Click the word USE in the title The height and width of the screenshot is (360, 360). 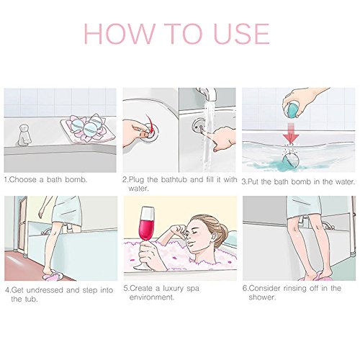click(x=241, y=34)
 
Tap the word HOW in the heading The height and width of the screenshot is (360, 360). click(x=119, y=34)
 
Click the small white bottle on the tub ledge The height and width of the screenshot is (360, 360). click(x=24, y=135)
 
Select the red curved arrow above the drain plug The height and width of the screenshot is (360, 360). click(x=150, y=125)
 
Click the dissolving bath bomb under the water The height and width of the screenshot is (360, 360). click(x=291, y=159)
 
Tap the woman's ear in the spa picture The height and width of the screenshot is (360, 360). click(x=211, y=238)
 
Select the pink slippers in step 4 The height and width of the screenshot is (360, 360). click(x=52, y=277)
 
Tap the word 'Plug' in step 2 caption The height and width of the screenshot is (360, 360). click(x=136, y=179)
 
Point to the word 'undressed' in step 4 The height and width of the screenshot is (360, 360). click(x=45, y=290)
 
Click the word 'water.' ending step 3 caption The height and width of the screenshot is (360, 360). click(x=346, y=181)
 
